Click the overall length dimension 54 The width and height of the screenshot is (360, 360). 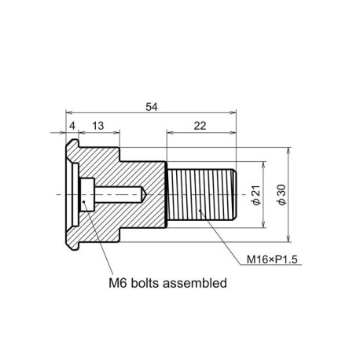tap(152, 107)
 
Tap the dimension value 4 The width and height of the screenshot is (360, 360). tap(72, 126)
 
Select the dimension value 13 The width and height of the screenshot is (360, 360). tap(98, 126)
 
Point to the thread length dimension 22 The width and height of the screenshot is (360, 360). tap(200, 126)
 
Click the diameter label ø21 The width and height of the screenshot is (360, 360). tap(256, 195)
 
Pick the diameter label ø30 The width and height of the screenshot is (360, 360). tap(282, 195)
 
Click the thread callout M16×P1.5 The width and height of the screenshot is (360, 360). tap(272, 259)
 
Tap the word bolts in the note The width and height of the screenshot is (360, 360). tap(145, 283)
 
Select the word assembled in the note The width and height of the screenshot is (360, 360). tap(195, 283)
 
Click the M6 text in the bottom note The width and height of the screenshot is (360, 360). tap(118, 283)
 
